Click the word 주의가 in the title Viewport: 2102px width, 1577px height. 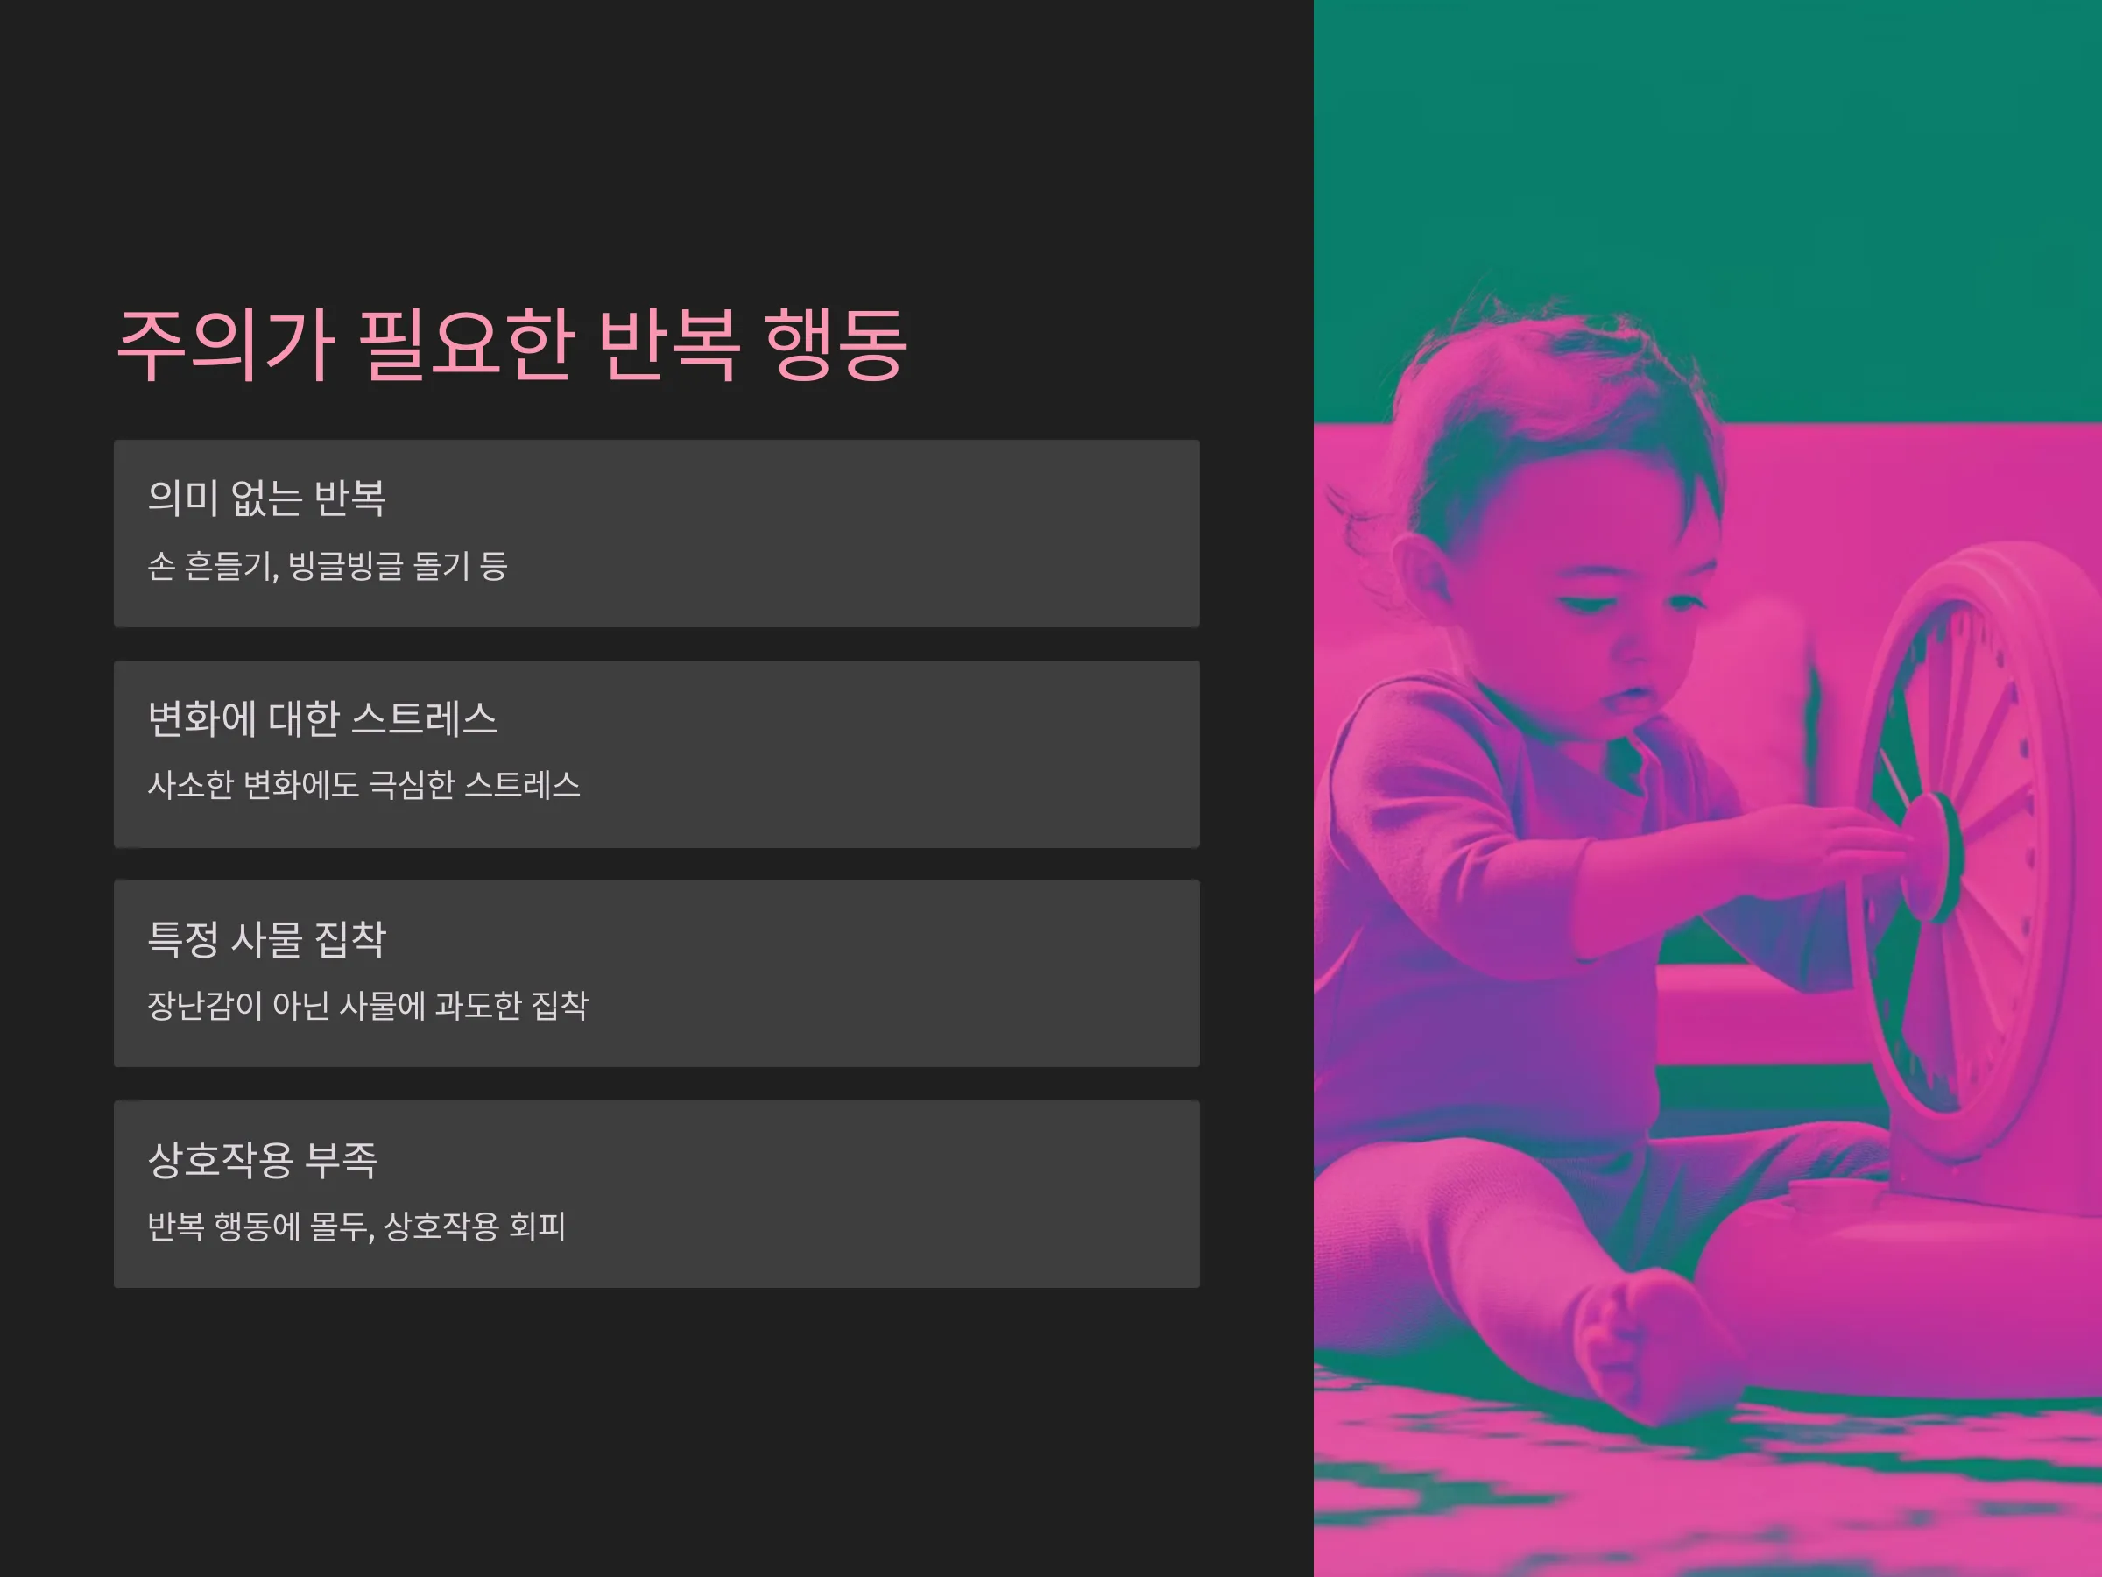click(225, 345)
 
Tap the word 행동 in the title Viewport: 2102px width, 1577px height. click(836, 345)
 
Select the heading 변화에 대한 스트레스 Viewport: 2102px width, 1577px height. click(322, 718)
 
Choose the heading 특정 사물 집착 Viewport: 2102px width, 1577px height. click(267, 939)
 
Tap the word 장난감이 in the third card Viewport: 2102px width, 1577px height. click(204, 1006)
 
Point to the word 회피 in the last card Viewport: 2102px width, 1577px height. click(538, 1227)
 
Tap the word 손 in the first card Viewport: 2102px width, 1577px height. click(160, 567)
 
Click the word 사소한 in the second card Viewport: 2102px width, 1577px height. click(190, 785)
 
